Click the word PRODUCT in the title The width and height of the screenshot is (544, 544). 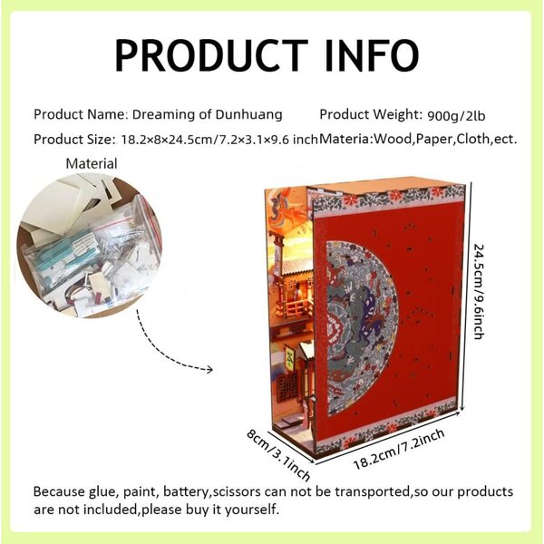tap(211, 55)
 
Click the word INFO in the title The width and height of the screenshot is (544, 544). tap(372, 55)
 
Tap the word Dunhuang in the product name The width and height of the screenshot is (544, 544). tap(248, 114)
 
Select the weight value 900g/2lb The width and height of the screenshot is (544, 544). tap(456, 115)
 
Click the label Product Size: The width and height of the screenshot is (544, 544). tap(74, 140)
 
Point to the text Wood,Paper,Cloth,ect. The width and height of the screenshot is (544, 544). tap(445, 140)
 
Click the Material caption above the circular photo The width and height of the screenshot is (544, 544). tap(92, 163)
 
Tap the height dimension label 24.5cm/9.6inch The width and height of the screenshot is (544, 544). tap(479, 292)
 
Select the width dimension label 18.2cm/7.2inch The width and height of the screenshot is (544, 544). tap(399, 450)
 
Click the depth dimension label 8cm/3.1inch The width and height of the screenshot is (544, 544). tap(278, 455)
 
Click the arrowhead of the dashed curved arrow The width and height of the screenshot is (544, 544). tap(209, 370)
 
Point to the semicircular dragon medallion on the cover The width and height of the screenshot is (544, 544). tap(361, 328)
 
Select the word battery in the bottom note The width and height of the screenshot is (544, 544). tap(186, 492)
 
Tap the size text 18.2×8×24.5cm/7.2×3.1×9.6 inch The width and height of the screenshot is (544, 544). tap(219, 140)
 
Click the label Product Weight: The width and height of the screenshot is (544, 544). tap(371, 114)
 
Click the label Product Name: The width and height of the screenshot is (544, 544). tap(81, 114)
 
